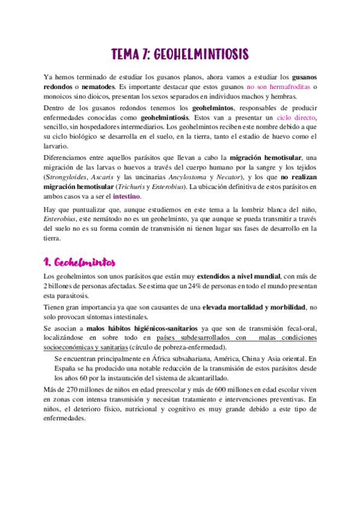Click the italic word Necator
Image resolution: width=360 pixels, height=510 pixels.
point(228,177)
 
